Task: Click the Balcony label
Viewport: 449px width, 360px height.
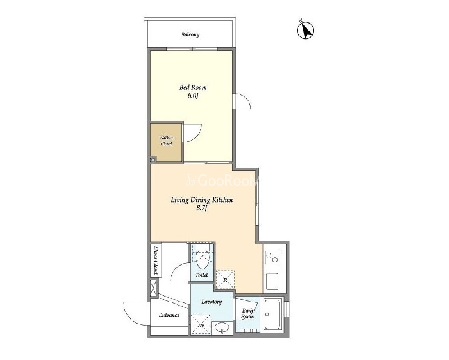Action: click(x=190, y=35)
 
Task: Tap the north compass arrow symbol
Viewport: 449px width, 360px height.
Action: click(x=306, y=30)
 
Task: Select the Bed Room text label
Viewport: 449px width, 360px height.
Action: click(x=193, y=87)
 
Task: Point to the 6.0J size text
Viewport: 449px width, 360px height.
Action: click(x=193, y=96)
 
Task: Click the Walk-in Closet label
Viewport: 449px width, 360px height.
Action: click(x=166, y=141)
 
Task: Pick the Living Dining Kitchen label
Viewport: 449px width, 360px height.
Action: click(x=202, y=200)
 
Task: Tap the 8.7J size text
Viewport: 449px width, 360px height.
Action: click(x=202, y=208)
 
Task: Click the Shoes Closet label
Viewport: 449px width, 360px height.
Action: click(x=156, y=260)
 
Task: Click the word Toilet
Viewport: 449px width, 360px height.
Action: click(x=202, y=275)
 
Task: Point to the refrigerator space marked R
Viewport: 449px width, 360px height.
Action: click(x=225, y=280)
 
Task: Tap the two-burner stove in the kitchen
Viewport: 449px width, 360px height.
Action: click(x=272, y=257)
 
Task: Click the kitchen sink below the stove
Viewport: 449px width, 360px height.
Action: click(x=272, y=281)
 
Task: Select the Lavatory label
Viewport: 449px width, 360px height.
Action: click(x=211, y=302)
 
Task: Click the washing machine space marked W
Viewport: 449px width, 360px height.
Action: click(x=201, y=325)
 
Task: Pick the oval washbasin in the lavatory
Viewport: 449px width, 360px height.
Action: click(x=222, y=327)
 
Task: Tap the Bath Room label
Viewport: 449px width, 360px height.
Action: click(x=247, y=314)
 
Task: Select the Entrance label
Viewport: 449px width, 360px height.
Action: click(x=169, y=315)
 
